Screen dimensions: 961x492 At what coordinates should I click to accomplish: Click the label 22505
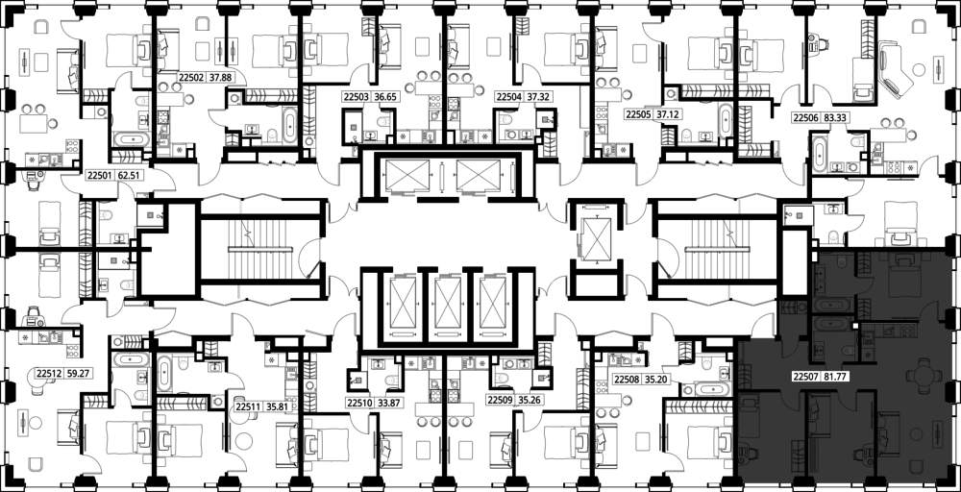coord(636,114)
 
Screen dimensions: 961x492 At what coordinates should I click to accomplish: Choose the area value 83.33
coord(835,119)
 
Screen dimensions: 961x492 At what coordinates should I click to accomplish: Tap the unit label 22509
coord(498,401)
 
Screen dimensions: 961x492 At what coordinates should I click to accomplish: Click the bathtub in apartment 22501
coord(131,139)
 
